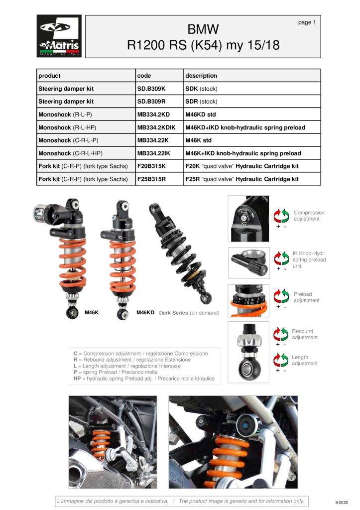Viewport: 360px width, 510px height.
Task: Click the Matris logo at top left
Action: point(59,37)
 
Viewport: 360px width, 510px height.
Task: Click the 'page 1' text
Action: point(307,22)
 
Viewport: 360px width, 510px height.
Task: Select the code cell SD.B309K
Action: point(151,89)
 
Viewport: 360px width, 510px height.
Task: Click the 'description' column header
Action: point(201,76)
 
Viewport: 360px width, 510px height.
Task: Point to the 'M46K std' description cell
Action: point(198,140)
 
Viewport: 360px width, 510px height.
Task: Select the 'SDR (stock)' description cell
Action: point(201,102)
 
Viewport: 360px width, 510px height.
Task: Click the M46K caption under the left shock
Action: point(92,313)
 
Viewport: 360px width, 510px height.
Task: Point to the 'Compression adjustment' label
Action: point(309,216)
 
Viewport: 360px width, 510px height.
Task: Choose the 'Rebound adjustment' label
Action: point(304,334)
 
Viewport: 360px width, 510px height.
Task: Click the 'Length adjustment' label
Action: point(304,361)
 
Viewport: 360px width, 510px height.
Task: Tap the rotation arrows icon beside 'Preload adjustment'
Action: point(281,295)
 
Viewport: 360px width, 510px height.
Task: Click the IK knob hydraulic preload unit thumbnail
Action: point(249,262)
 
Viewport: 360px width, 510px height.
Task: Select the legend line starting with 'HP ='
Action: point(144,379)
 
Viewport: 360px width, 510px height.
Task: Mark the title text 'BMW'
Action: point(203,28)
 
